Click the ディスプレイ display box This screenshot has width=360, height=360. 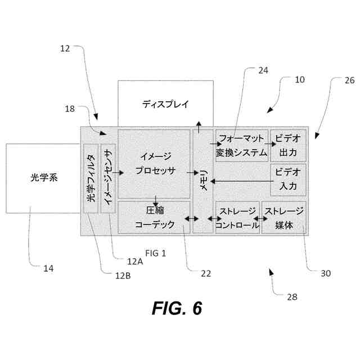tap(165, 103)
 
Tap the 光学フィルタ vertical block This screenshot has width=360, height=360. tap(91, 178)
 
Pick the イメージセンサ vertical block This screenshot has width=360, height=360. tap(107, 178)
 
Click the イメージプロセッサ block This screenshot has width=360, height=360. tap(154, 164)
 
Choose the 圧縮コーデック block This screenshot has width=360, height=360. tap(154, 217)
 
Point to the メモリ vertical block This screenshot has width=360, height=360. tap(203, 180)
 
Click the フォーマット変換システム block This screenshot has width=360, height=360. tap(241, 145)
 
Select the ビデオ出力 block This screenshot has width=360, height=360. tap(288, 145)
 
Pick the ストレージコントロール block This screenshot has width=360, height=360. tap(237, 218)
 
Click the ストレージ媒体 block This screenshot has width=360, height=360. tap(284, 218)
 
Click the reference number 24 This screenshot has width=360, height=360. tap(263, 71)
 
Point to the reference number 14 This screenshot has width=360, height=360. tap(48, 269)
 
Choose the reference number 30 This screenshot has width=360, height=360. tap(326, 273)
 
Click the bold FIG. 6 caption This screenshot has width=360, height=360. tap(177, 308)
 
